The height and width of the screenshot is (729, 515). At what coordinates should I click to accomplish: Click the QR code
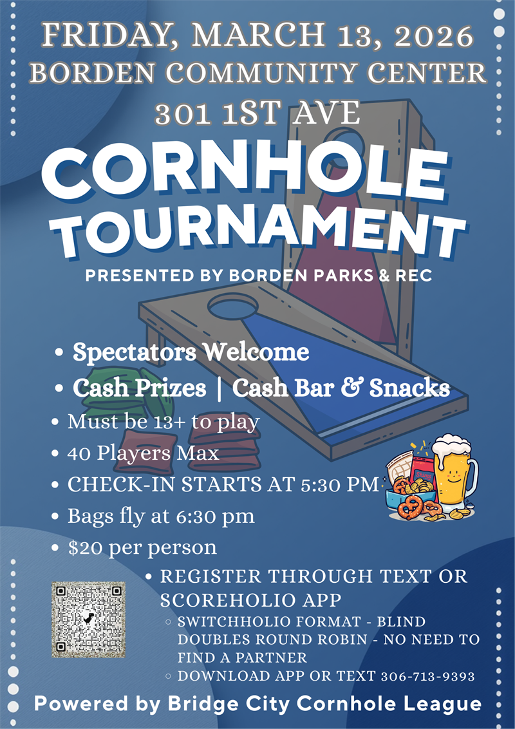pyautogui.click(x=88, y=620)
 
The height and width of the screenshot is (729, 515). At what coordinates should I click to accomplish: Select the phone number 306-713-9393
pyautogui.click(x=427, y=677)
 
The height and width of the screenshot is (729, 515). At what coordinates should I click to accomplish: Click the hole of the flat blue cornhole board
pyautogui.click(x=232, y=305)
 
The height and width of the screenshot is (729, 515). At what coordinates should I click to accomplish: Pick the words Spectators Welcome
pyautogui.click(x=191, y=352)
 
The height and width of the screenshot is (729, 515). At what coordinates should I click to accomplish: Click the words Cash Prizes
pyautogui.click(x=139, y=388)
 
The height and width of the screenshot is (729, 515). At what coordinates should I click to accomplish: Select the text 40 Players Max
pyautogui.click(x=143, y=453)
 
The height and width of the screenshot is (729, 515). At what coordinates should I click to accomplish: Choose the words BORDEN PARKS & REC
pyautogui.click(x=330, y=275)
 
